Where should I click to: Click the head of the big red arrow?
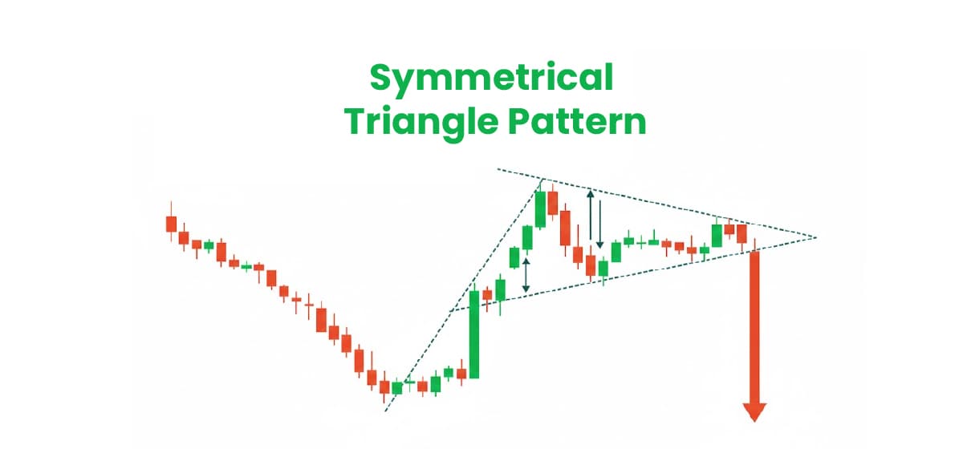[x=754, y=411]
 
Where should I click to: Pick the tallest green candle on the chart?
[x=474, y=334]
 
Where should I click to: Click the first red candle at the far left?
[x=170, y=224]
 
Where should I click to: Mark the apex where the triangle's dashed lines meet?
[x=816, y=237]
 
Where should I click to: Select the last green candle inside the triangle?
[x=717, y=235]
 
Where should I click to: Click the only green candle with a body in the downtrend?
[x=209, y=245]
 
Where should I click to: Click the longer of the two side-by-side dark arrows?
[x=591, y=216]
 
